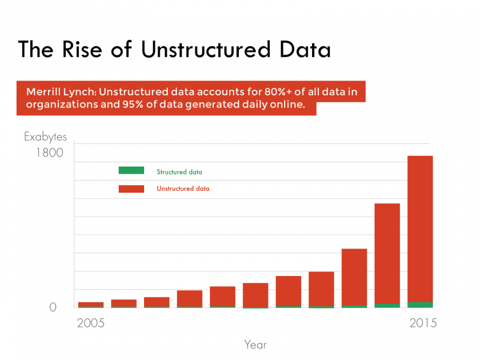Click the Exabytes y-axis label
click(x=45, y=137)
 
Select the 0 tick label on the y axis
click(x=53, y=307)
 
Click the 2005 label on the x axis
click(x=91, y=323)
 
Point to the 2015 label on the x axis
click(x=423, y=323)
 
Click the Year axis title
click(x=255, y=345)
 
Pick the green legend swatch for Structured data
click(x=131, y=170)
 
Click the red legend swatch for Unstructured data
click(x=131, y=189)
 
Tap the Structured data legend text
click(x=179, y=171)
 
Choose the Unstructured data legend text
click(x=183, y=189)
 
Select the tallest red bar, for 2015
click(x=420, y=229)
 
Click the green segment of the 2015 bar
click(x=420, y=305)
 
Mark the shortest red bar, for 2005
click(x=91, y=304)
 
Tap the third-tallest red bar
click(x=354, y=277)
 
